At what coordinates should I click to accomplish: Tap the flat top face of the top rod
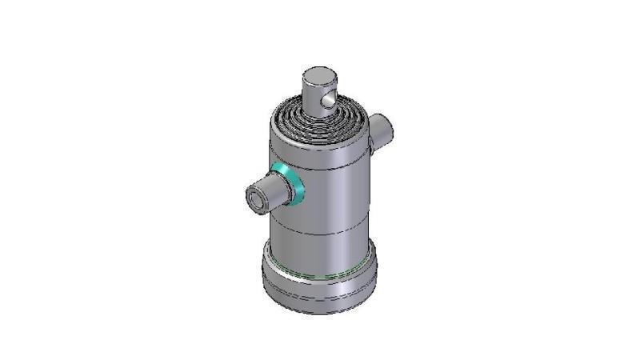click(319, 77)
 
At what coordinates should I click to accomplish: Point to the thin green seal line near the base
click(320, 274)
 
